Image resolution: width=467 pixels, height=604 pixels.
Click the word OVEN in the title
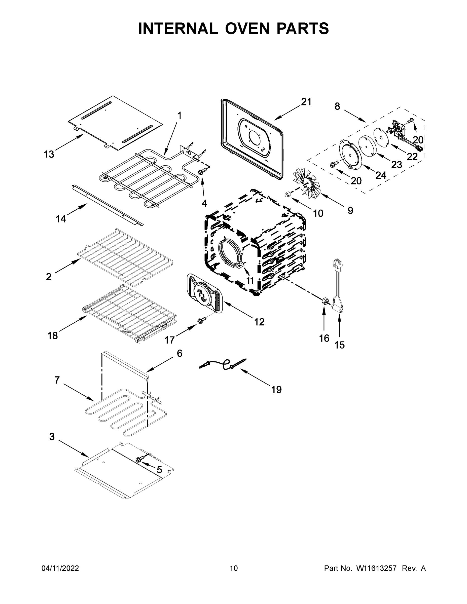(x=247, y=28)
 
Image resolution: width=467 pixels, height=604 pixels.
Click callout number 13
(x=49, y=154)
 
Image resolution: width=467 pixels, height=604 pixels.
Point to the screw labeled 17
(x=200, y=321)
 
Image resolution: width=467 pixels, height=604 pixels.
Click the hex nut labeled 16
(x=324, y=301)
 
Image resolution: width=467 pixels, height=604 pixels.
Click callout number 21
(x=306, y=102)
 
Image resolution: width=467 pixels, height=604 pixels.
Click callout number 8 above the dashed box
(x=337, y=106)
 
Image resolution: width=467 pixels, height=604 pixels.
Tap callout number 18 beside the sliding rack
(x=53, y=335)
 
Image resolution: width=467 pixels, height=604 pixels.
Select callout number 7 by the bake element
(x=57, y=380)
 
